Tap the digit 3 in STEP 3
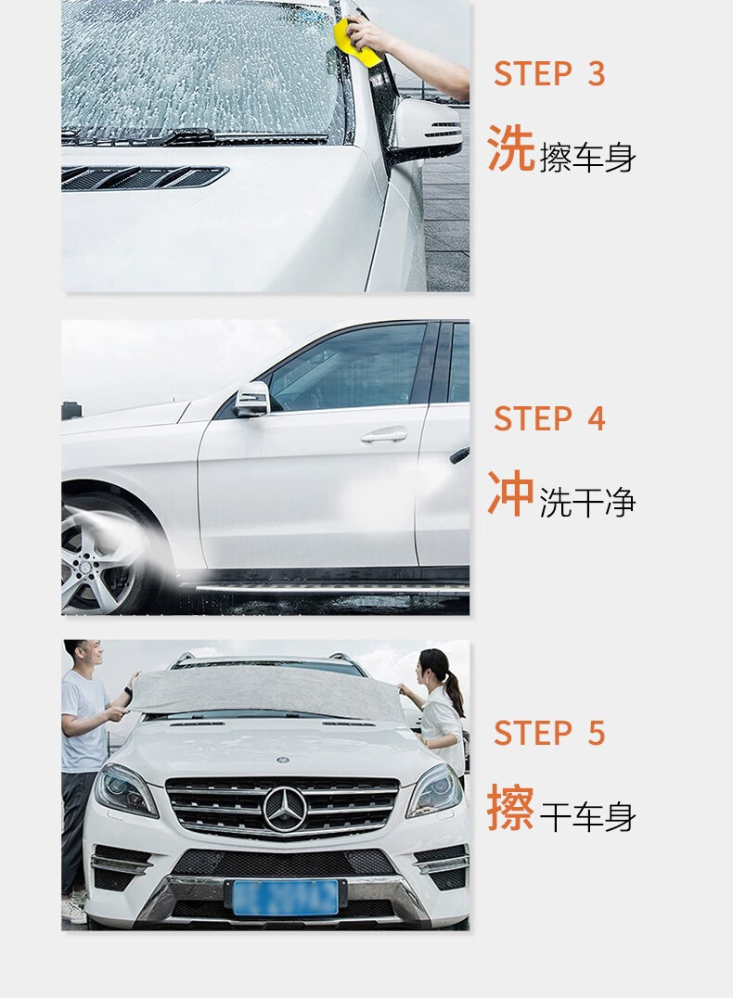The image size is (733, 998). (596, 74)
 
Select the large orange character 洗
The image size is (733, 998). (510, 147)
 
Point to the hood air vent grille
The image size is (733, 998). (144, 177)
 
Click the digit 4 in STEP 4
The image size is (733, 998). (596, 419)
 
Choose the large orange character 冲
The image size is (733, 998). (510, 493)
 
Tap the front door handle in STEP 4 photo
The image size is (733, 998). (384, 435)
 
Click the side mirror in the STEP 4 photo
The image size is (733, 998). (252, 400)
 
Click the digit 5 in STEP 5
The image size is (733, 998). (596, 734)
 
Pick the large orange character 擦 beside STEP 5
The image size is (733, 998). (510, 807)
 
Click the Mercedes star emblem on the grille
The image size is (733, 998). (285, 809)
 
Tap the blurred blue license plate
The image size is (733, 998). (285, 898)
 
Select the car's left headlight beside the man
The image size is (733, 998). (125, 790)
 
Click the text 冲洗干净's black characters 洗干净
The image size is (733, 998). (588, 502)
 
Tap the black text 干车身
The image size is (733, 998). (588, 816)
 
